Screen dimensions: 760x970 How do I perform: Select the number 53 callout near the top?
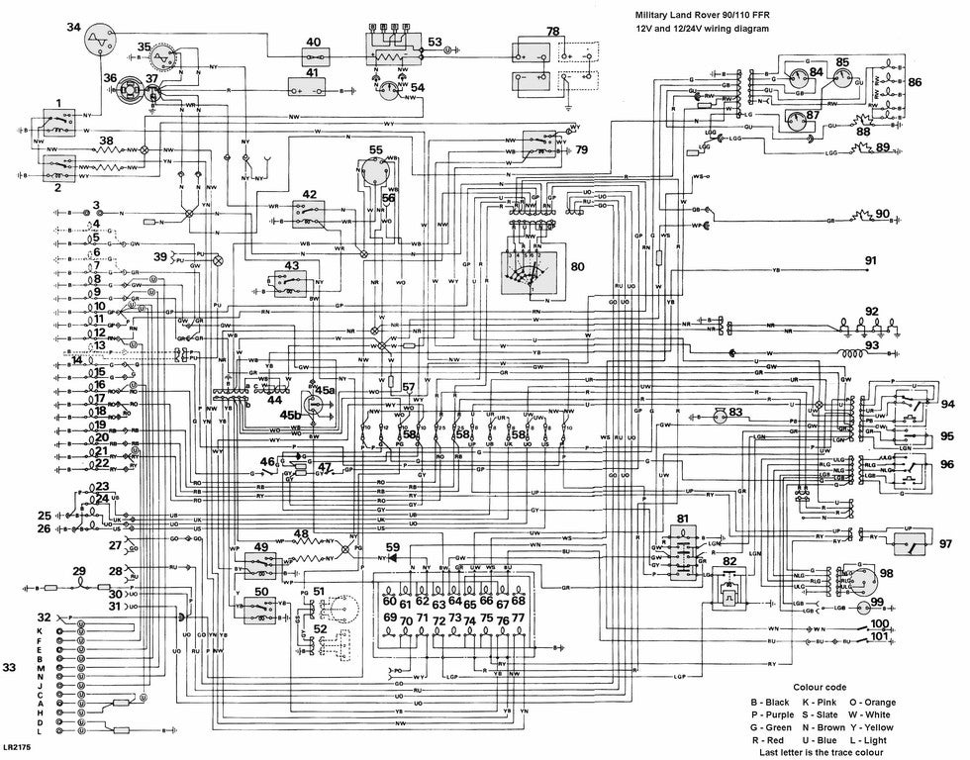click(x=436, y=42)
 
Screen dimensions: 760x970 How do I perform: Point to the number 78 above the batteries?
click(x=552, y=32)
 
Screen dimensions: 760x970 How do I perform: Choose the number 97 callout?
click(x=945, y=543)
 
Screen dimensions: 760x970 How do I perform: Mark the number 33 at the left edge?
click(x=11, y=667)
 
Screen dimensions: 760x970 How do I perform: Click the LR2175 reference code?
click(x=17, y=749)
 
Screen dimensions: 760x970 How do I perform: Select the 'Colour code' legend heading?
click(x=818, y=686)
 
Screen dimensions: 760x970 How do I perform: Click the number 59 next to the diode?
click(x=394, y=545)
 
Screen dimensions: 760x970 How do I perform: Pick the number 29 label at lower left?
click(x=79, y=571)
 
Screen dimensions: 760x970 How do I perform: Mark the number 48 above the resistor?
click(x=302, y=534)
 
